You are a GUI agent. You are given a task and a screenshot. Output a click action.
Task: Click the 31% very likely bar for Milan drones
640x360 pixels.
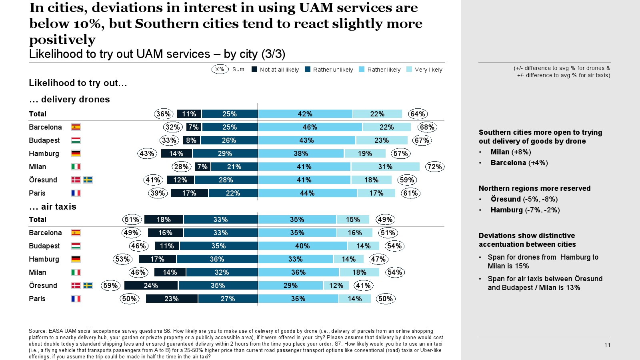pos(385,167)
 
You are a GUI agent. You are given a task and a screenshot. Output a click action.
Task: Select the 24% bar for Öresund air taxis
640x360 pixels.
pos(151,286)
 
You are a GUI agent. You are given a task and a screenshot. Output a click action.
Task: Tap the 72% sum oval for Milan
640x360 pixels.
pos(434,167)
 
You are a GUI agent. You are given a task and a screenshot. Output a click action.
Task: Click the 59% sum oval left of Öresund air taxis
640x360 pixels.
pos(110,286)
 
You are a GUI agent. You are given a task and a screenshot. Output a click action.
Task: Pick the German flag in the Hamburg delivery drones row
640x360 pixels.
pos(76,154)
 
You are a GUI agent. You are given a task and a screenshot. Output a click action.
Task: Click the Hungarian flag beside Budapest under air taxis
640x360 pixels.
pos(76,246)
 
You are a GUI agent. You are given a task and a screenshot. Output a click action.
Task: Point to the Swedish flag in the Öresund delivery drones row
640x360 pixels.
pos(88,180)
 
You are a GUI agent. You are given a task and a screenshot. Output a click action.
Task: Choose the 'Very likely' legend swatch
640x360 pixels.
pos(409,69)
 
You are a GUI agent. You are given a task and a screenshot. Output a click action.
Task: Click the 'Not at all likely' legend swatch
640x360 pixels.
pos(254,69)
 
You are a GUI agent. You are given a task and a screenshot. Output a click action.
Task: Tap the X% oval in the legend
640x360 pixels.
pos(220,69)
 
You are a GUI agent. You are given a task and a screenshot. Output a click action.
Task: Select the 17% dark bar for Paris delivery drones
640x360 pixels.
pos(189,193)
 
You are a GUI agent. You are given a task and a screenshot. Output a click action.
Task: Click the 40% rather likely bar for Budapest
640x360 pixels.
pos(302,246)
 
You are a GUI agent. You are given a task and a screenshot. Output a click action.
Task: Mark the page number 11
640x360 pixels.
pos(607,345)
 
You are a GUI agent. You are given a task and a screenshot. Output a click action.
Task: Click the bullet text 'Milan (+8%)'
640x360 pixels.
pos(511,152)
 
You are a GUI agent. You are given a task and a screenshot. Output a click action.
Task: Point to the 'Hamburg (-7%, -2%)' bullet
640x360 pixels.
pos(525,210)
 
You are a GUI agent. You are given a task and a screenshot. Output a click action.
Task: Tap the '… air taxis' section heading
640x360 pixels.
pos(52,206)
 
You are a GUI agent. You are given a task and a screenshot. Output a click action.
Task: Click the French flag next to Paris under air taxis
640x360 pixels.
pos(76,299)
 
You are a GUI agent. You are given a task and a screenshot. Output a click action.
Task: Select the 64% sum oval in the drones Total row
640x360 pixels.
pos(418,114)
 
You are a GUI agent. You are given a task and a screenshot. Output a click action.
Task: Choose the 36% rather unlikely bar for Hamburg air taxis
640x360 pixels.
pos(217,259)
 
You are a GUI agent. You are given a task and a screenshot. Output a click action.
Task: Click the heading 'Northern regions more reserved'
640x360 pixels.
pos(534,188)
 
